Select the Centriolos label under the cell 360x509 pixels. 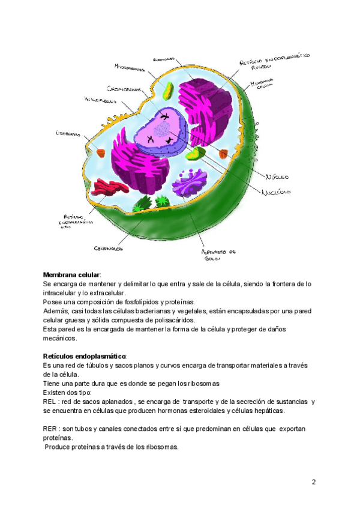click(109, 247)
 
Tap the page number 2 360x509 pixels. click(313, 482)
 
